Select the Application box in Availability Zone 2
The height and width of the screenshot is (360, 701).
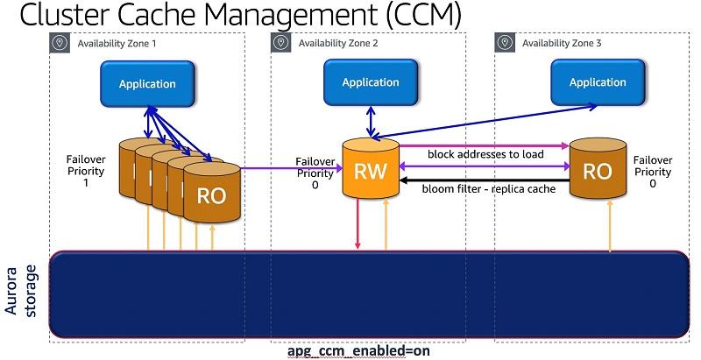click(371, 83)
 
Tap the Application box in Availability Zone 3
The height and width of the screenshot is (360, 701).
click(598, 83)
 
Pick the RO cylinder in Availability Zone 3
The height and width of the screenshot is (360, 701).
click(597, 170)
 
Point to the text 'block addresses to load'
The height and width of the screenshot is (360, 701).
click(485, 154)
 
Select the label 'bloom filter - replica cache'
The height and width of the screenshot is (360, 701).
click(488, 188)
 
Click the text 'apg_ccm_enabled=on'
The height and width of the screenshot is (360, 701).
click(358, 351)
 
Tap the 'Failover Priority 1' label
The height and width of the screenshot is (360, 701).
click(88, 171)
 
